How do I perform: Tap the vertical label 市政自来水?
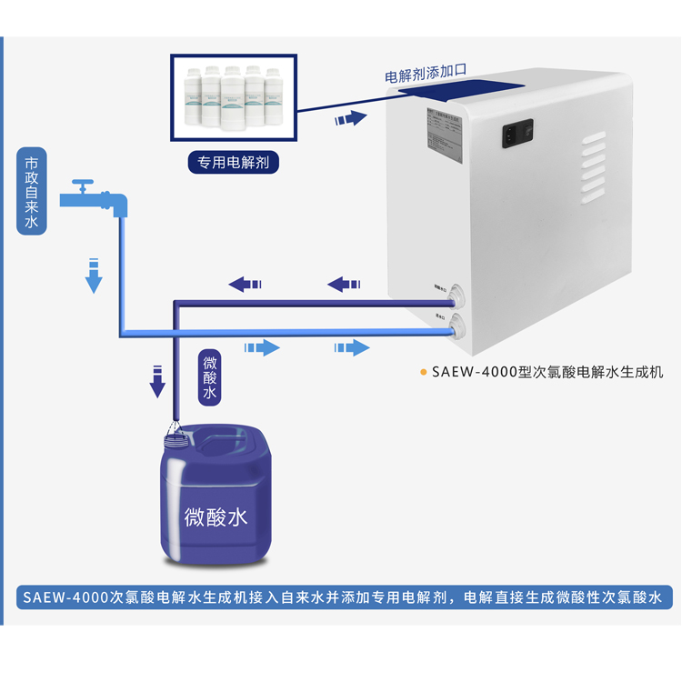(32, 193)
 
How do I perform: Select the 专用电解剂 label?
(233, 163)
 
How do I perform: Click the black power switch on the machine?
(515, 135)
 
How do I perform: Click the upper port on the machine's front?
(456, 295)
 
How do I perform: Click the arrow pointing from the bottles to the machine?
(350, 118)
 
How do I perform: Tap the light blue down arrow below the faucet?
(93, 276)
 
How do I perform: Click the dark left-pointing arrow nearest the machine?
(345, 284)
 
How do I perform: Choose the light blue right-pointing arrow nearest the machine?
(352, 347)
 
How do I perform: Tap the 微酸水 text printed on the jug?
(216, 517)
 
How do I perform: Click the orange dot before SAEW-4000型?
(423, 372)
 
